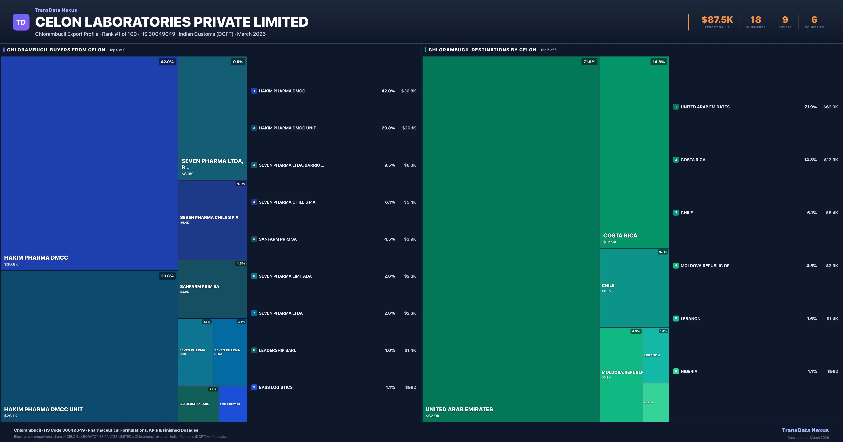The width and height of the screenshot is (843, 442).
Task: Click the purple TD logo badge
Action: tap(21, 22)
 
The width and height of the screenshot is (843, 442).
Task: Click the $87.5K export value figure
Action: tap(717, 20)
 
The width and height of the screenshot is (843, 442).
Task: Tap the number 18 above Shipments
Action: tap(756, 20)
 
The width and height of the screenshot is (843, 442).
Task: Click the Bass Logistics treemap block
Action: tap(233, 404)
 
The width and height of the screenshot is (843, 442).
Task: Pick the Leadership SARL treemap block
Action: tap(198, 404)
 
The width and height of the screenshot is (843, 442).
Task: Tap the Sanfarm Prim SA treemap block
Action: tap(212, 289)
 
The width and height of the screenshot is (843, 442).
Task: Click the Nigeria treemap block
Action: tap(656, 402)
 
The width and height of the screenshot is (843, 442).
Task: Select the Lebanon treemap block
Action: tap(656, 355)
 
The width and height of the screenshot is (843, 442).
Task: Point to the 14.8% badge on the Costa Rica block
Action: tap(658, 62)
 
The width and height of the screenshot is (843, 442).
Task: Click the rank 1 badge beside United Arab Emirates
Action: tap(676, 107)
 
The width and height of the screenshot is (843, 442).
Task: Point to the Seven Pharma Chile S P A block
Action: tap(212, 220)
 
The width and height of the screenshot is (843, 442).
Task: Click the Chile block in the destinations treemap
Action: tap(634, 288)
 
